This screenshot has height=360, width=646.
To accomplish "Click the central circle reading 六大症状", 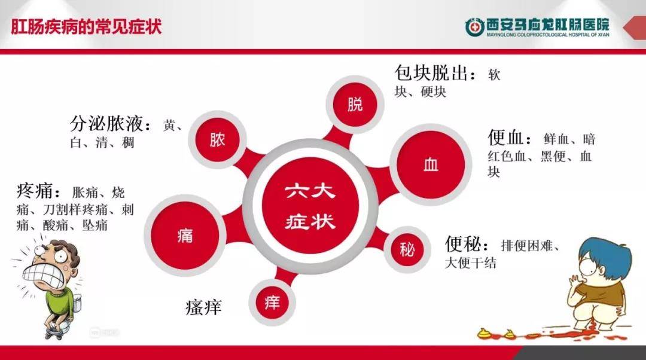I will click(x=310, y=207).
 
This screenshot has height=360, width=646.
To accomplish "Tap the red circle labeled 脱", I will click(x=355, y=104).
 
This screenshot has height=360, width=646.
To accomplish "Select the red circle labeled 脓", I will click(x=217, y=141).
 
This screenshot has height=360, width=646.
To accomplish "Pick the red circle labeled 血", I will click(x=431, y=164).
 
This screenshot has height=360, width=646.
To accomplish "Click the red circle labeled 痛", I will click(x=185, y=235).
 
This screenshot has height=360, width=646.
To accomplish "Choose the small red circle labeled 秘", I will click(x=407, y=249).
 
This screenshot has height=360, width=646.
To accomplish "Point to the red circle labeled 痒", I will click(x=272, y=301).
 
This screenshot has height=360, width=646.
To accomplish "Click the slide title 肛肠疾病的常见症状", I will click(x=87, y=28).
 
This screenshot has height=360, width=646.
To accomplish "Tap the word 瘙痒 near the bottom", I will click(x=203, y=307).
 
